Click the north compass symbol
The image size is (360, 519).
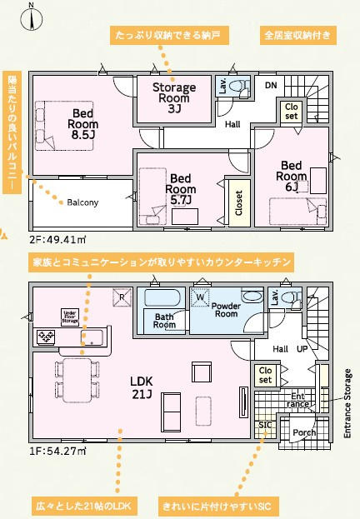31,17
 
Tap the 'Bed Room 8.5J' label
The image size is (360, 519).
83,124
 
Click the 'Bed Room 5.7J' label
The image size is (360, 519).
181,189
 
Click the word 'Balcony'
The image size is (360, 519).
82,202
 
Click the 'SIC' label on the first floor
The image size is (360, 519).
265,425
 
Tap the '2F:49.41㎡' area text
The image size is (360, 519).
57,239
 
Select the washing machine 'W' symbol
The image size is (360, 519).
200,297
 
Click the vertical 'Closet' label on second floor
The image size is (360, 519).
238,202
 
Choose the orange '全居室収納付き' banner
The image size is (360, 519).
297,36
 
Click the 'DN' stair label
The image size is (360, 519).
271,85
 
